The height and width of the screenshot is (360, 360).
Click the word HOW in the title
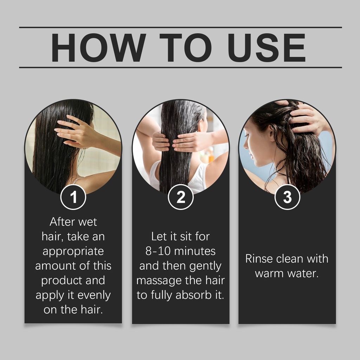pos(98,47)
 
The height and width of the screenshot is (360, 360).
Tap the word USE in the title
pos(266,47)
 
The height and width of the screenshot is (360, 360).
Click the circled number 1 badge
pos(73,197)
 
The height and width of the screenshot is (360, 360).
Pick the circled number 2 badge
pos(181,197)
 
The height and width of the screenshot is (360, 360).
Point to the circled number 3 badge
pos(287,197)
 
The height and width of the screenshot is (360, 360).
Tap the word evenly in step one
pos(94,296)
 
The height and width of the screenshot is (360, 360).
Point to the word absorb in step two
pos(194,295)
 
